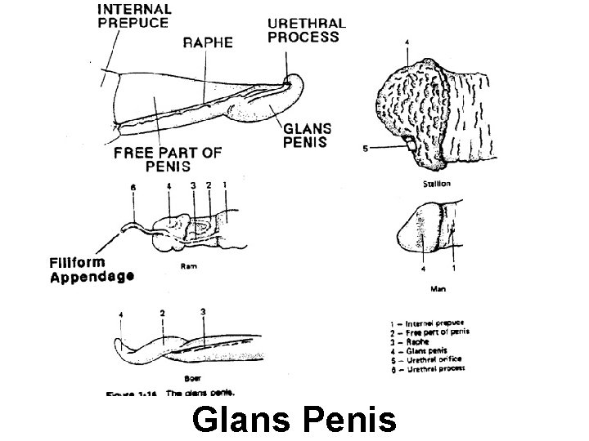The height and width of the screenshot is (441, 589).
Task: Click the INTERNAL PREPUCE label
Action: pos(134,16)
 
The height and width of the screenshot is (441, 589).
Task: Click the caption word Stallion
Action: pos(436,184)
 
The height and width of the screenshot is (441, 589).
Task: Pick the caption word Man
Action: pos(438,289)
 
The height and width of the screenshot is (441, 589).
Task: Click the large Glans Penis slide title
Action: pos(294,420)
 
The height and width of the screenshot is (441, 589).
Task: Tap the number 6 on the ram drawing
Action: pos(133,187)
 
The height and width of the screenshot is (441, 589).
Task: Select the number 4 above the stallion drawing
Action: pos(408,41)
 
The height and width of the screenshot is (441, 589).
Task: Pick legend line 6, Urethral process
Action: pos(426,368)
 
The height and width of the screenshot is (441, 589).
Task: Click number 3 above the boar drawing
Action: pos(203,312)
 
